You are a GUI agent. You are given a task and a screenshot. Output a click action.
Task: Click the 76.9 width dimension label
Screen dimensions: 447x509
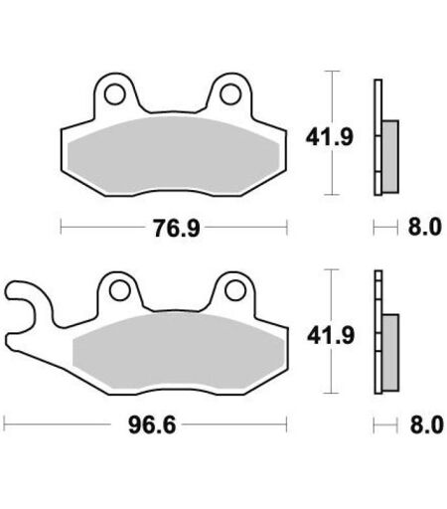tap(177, 228)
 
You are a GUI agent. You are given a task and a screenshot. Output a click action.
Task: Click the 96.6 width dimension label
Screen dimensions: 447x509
tap(152, 424)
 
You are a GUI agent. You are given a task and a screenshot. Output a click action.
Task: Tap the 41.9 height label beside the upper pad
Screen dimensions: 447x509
tap(329, 137)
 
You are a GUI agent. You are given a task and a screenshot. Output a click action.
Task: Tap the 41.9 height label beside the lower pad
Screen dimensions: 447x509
tap(331, 336)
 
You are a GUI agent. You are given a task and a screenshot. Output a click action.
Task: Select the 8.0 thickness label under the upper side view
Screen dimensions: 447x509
tap(425, 227)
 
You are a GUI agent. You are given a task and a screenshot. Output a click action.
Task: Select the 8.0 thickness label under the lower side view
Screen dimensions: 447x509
tap(426, 424)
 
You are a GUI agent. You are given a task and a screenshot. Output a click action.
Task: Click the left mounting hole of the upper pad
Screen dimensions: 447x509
tap(114, 94)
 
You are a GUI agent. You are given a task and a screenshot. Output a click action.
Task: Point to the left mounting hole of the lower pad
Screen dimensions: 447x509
tap(119, 290)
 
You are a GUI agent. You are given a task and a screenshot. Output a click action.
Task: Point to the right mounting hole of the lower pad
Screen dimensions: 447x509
tap(234, 290)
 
